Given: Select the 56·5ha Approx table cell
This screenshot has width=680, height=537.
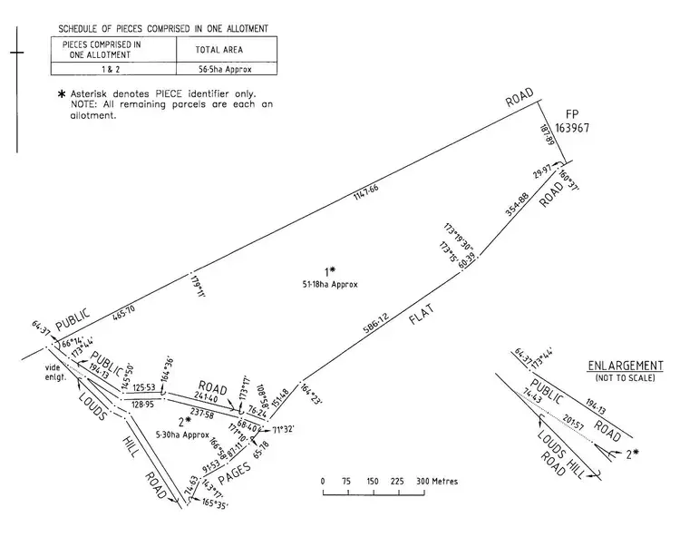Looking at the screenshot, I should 224,67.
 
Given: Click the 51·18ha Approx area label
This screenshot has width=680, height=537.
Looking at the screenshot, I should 331,284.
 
